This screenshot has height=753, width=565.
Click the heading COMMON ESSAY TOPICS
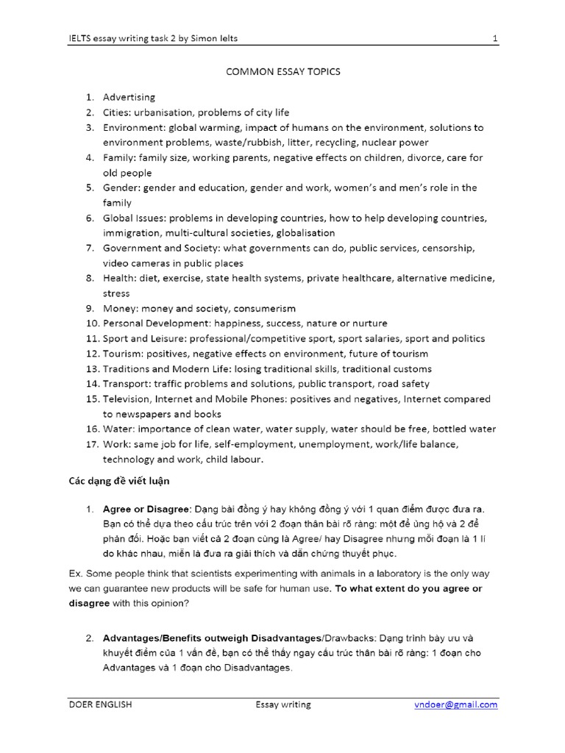click(x=282, y=72)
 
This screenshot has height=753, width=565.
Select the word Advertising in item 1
click(x=129, y=97)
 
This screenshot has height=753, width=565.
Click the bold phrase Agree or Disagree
click(x=146, y=510)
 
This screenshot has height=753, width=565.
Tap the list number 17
click(x=92, y=444)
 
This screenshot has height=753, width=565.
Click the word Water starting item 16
click(x=118, y=429)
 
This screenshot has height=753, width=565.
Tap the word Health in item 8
click(x=118, y=278)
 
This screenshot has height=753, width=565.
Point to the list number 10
click(x=92, y=324)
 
